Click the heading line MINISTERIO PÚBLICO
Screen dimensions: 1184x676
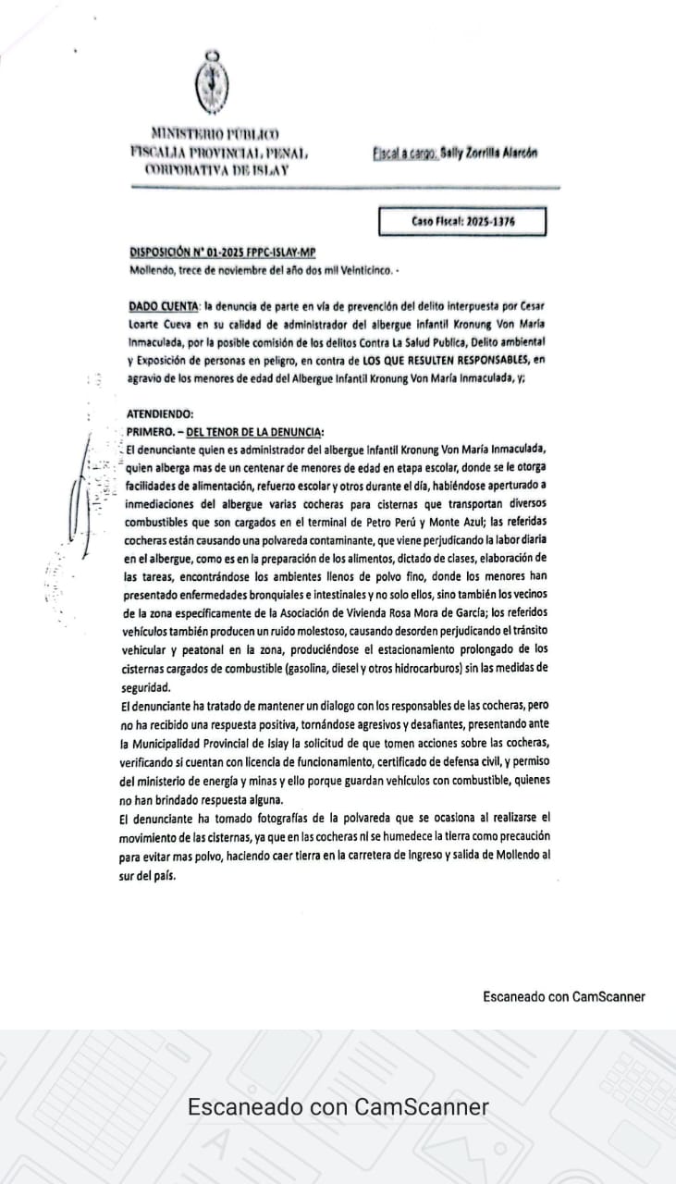pyautogui.click(x=215, y=134)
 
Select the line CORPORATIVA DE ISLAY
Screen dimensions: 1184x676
pyautogui.click(x=216, y=168)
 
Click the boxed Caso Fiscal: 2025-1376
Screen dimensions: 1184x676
pyautogui.click(x=462, y=222)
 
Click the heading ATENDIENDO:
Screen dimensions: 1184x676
pyautogui.click(x=161, y=414)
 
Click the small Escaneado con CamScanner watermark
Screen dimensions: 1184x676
pyautogui.click(x=563, y=996)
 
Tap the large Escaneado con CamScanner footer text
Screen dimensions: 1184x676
pyautogui.click(x=338, y=1107)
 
